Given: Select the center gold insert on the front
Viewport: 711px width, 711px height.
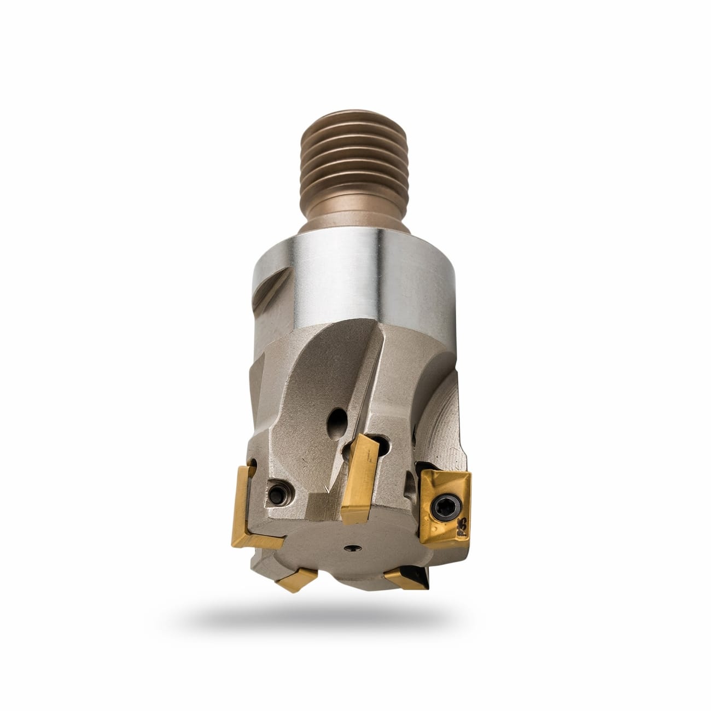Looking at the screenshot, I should [x=359, y=473].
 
